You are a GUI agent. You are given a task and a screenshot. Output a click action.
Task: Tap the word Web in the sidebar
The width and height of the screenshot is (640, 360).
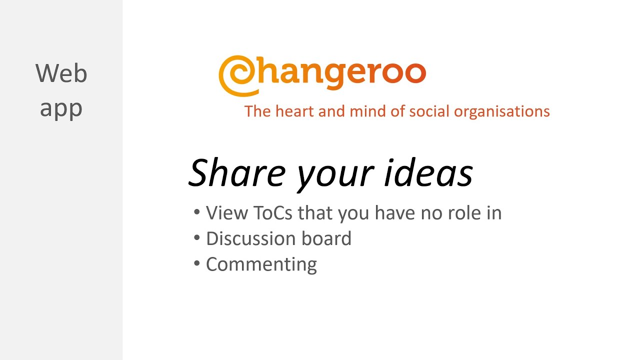61,73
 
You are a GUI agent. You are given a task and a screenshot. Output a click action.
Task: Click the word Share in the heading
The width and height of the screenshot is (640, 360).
236,172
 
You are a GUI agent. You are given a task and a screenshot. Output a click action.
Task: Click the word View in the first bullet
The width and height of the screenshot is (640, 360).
226,213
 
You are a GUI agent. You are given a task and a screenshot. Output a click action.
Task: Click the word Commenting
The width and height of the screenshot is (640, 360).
261,264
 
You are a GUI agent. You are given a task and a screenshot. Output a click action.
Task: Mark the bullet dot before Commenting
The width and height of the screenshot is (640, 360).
197,263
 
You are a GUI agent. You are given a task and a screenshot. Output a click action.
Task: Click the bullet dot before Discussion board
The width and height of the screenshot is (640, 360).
197,237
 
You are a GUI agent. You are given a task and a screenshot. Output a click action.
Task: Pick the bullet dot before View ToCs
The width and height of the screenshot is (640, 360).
197,212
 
